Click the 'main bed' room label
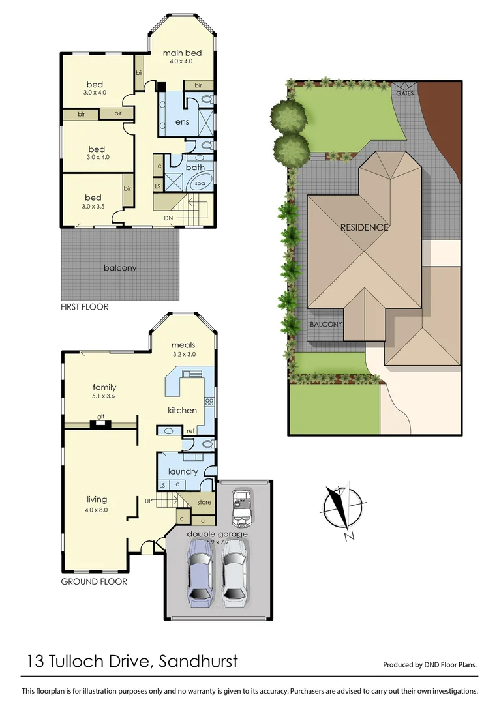pyautogui.click(x=182, y=53)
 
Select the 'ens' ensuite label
pyautogui.click(x=182, y=123)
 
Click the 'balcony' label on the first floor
pyautogui.click(x=120, y=268)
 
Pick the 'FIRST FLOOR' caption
pyautogui.click(x=85, y=306)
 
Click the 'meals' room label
pyautogui.click(x=183, y=345)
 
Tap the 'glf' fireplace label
pyautogui.click(x=100, y=417)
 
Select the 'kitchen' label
pyautogui.click(x=182, y=410)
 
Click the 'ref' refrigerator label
pyautogui.click(x=190, y=431)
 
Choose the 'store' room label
pyautogui.click(x=204, y=502)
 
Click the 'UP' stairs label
pyautogui.click(x=149, y=501)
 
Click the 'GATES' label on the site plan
pyautogui.click(x=404, y=93)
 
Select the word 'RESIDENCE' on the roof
pyautogui.click(x=364, y=227)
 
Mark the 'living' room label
pyautogui.click(x=97, y=499)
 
